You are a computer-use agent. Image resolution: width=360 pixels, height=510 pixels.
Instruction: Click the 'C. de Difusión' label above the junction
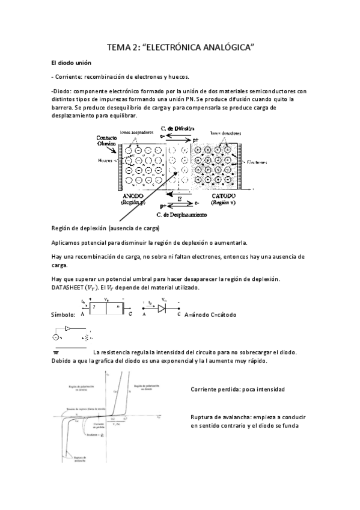point(177,128)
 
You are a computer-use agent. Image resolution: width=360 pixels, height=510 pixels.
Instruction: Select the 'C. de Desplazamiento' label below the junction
point(181,214)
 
